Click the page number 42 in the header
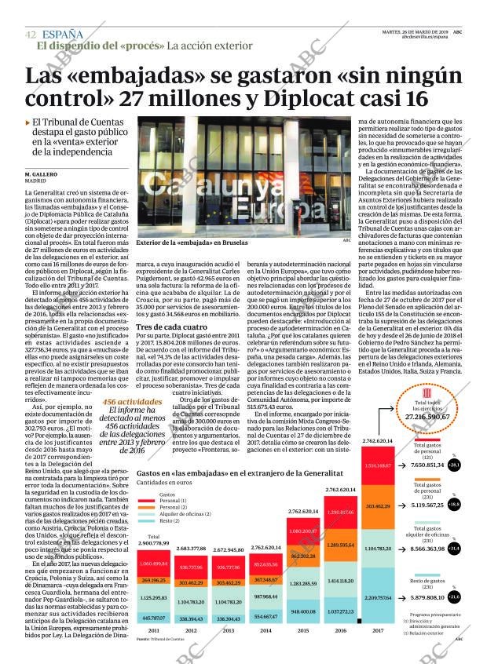(x=30, y=35)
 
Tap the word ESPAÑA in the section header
(x=62, y=34)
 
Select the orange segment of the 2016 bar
(x=341, y=545)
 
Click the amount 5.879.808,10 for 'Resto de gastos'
(x=438, y=598)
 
